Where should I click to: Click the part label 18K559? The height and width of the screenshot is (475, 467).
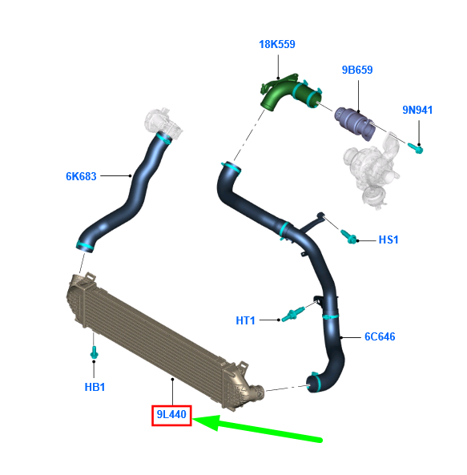point(277,44)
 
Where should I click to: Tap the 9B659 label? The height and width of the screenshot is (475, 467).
point(357,70)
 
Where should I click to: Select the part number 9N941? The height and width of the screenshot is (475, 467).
point(417,110)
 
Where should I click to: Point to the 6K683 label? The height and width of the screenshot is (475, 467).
point(81,176)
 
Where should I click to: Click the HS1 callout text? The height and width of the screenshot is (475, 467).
point(388,240)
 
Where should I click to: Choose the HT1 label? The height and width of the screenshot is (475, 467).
point(245,320)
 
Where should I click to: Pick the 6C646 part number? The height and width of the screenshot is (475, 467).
point(380,336)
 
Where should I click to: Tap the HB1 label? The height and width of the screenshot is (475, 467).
point(95,387)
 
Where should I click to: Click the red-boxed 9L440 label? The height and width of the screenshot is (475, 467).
point(171,414)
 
